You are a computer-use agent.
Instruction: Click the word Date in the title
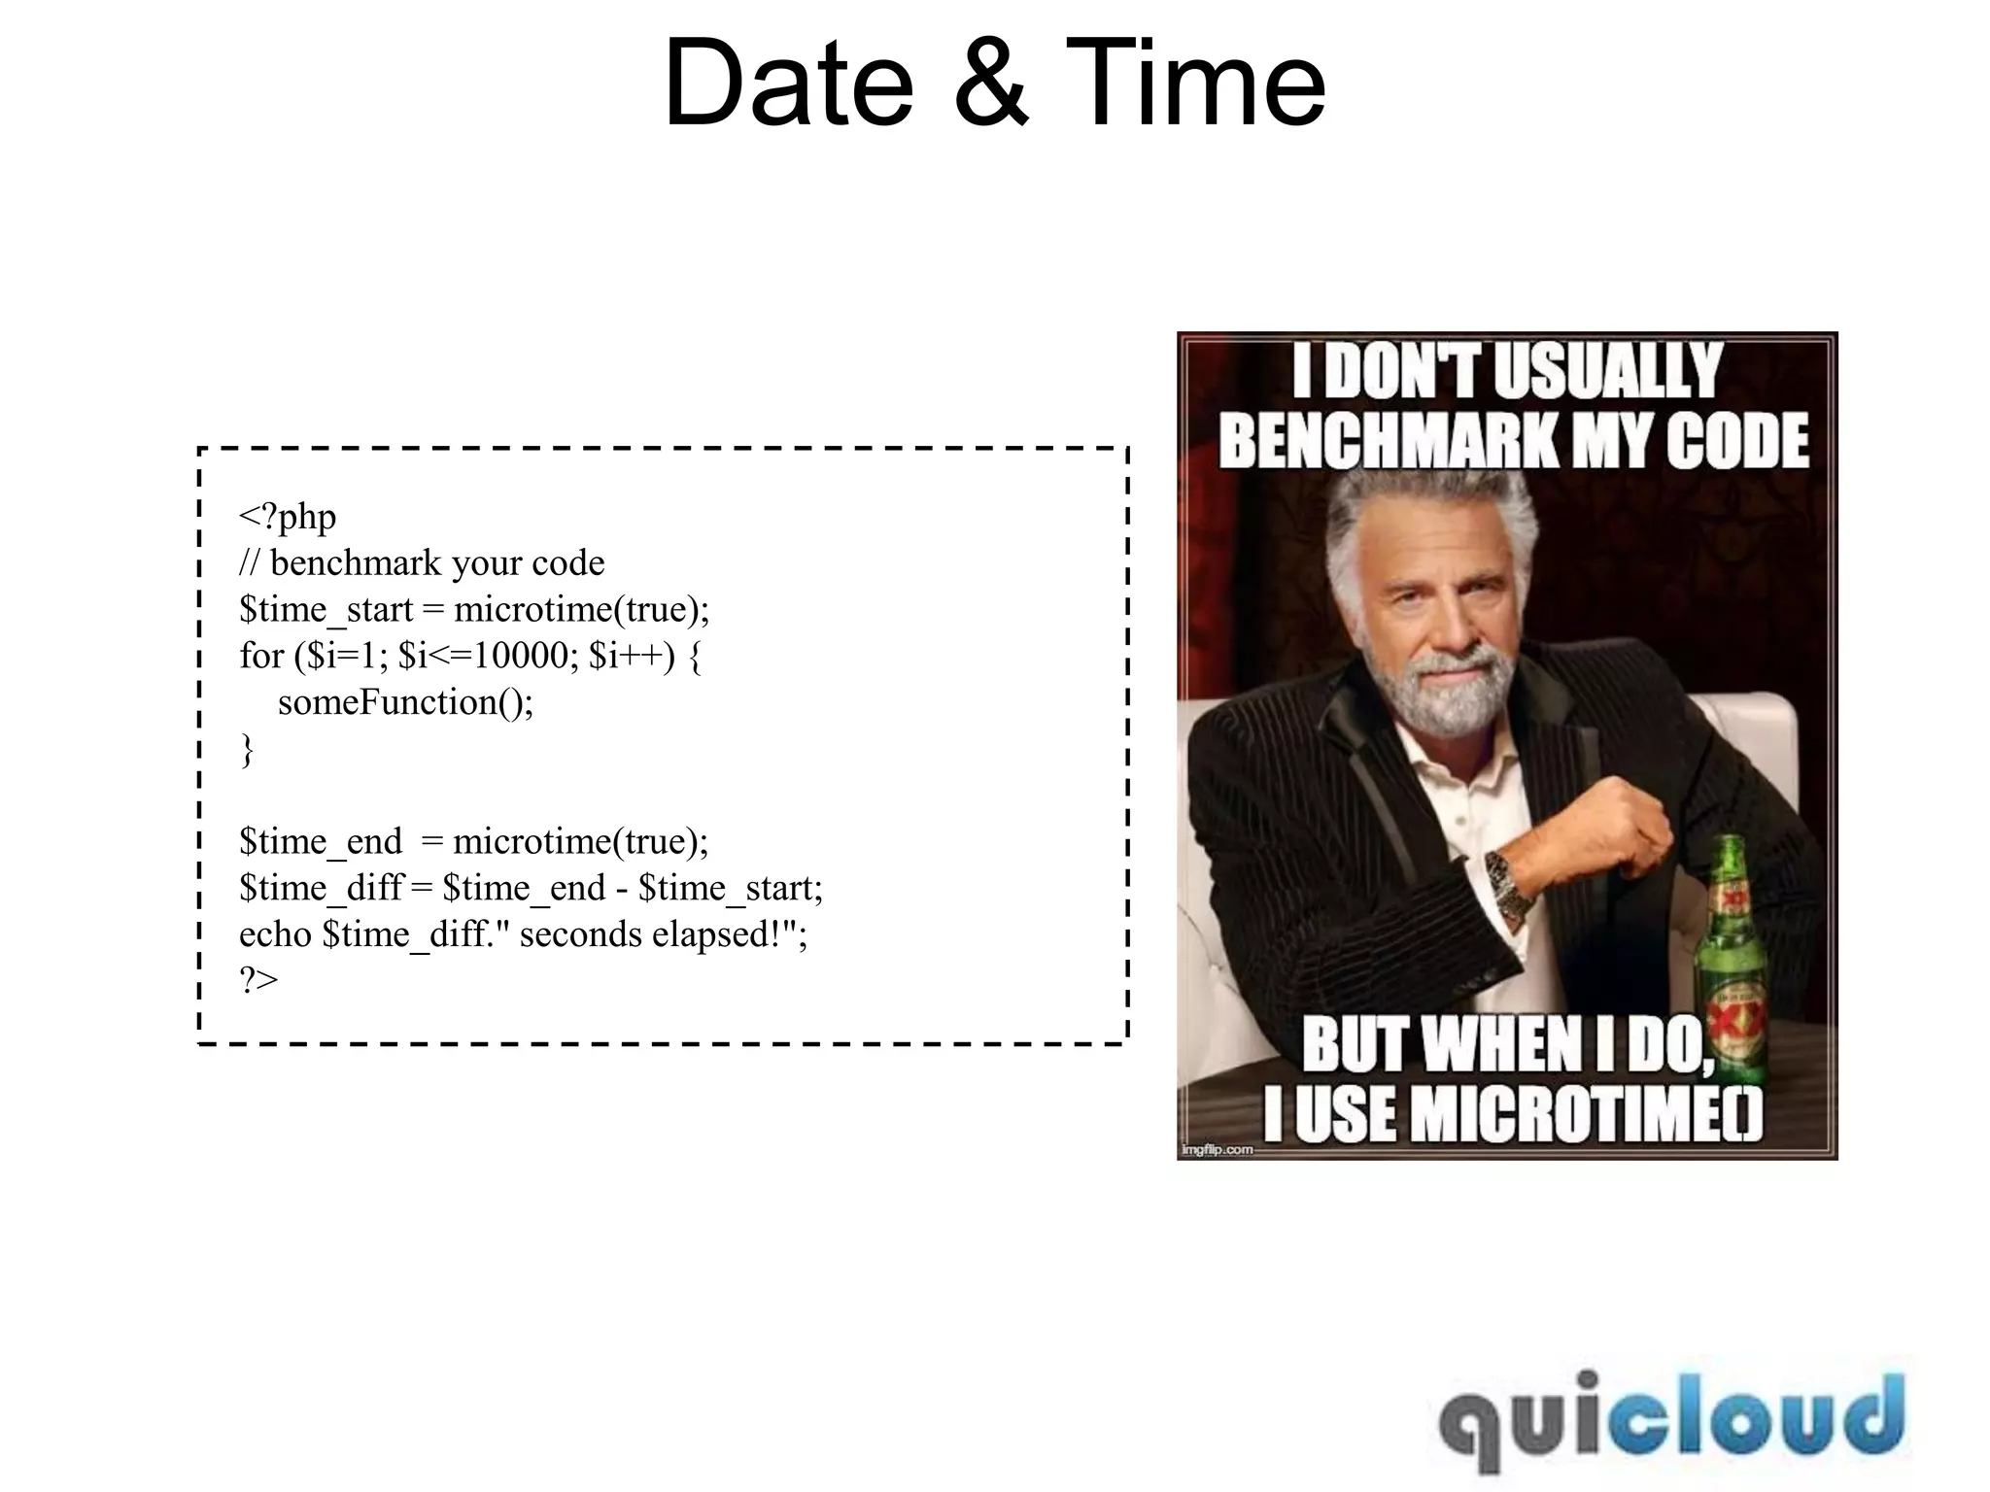click(x=788, y=84)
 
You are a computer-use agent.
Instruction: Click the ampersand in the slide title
click(x=991, y=84)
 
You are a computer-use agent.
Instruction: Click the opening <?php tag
click(x=288, y=517)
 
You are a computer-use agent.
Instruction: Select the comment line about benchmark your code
click(x=422, y=563)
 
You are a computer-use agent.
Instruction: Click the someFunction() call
click(x=405, y=702)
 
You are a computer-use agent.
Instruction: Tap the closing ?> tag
click(x=258, y=979)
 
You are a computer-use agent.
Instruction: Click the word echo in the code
click(x=275, y=934)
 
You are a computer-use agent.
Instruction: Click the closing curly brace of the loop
click(x=247, y=750)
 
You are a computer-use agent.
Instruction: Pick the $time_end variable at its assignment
click(x=321, y=841)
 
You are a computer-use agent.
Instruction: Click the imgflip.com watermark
click(x=1216, y=1150)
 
